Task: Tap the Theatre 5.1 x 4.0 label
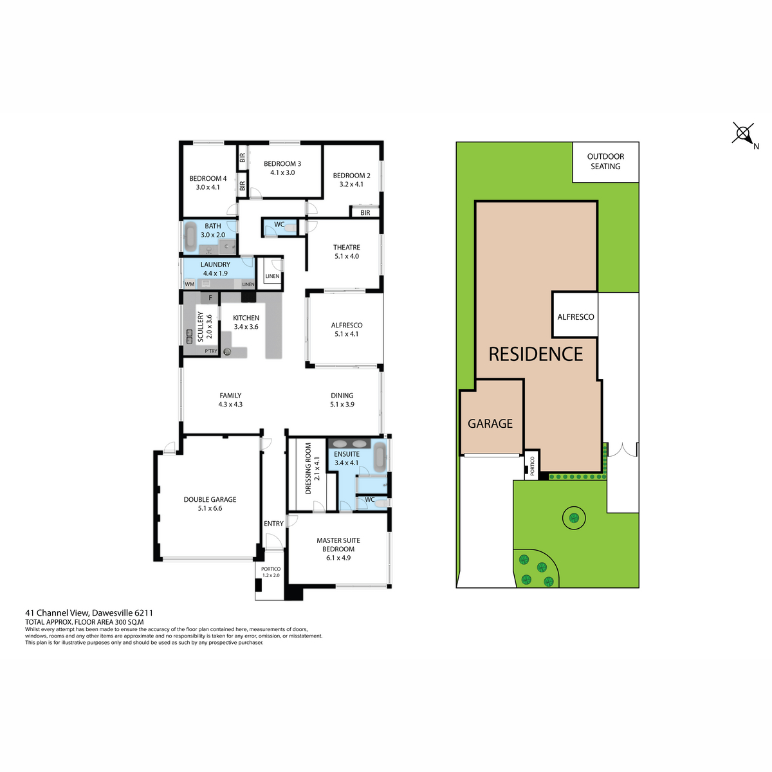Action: tap(347, 252)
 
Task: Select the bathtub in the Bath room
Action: tap(191, 237)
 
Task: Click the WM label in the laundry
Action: tap(190, 284)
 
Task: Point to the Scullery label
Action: tap(200, 327)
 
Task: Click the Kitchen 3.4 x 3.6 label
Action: tap(246, 322)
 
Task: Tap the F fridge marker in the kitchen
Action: tap(210, 298)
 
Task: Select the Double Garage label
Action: tap(210, 504)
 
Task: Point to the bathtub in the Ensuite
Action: tap(380, 457)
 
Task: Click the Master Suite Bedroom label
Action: tap(338, 549)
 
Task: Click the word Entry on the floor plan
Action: tap(273, 524)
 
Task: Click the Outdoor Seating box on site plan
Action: tap(605, 161)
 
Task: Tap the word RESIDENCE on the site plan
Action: tap(535, 354)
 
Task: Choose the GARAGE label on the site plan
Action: tap(490, 424)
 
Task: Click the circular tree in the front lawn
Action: tap(574, 517)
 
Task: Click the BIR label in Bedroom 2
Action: tap(365, 212)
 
